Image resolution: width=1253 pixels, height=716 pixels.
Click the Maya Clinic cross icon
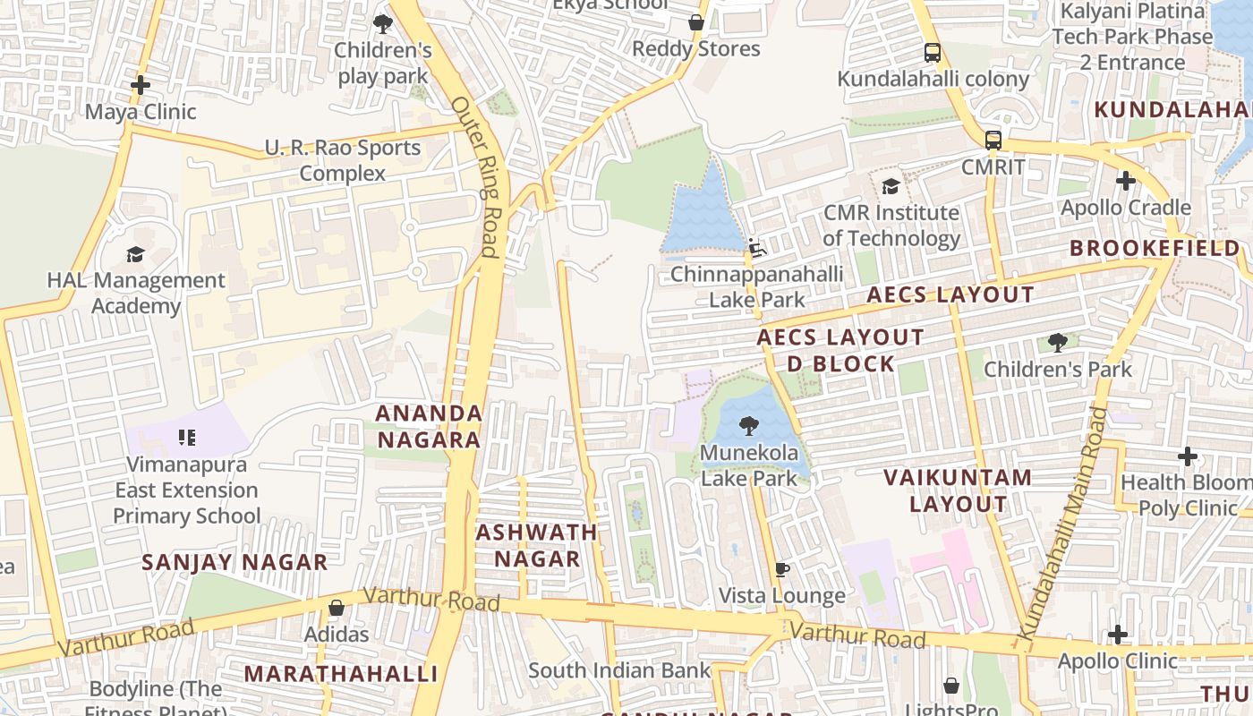click(141, 85)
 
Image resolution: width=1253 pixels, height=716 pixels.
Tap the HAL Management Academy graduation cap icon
click(135, 254)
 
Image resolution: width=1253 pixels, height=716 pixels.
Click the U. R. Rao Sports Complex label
click(343, 160)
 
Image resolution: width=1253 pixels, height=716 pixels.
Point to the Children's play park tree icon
click(383, 24)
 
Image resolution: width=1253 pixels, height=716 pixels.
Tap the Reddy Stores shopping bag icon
click(695, 22)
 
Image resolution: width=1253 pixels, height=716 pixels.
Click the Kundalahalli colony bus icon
click(933, 53)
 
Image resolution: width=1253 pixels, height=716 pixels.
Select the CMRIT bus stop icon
click(993, 141)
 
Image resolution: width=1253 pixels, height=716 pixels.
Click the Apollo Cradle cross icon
click(1126, 181)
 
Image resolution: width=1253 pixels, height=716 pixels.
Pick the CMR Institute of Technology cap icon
click(891, 186)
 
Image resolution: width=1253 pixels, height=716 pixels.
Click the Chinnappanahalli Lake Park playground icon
click(757, 248)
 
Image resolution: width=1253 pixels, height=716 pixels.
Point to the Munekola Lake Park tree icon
click(748, 426)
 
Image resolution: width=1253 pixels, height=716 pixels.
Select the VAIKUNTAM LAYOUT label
click(958, 490)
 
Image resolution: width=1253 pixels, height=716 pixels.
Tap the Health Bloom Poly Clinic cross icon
click(1188, 456)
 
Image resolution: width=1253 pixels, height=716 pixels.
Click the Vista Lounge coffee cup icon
click(782, 569)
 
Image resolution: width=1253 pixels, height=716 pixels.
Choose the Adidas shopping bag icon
click(337, 608)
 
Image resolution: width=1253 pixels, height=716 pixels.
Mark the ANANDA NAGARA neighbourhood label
click(429, 426)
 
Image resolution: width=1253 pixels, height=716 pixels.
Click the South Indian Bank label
click(618, 669)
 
